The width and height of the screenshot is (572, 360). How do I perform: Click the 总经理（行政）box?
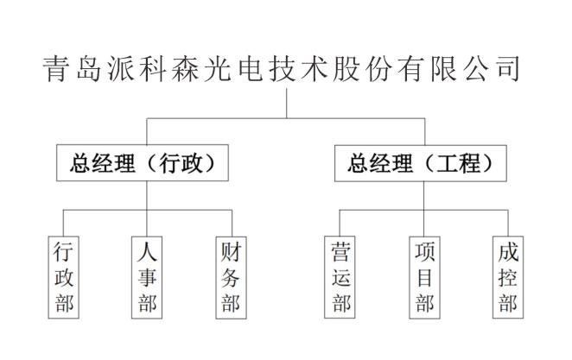click(143, 163)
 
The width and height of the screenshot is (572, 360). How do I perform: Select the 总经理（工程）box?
click(421, 163)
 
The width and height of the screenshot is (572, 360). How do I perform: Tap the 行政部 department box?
click(63, 277)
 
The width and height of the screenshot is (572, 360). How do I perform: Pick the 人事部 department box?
click(147, 277)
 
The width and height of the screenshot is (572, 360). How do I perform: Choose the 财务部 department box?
click(231, 277)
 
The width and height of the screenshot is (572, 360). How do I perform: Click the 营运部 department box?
click(340, 277)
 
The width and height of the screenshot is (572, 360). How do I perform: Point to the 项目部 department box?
click(424, 277)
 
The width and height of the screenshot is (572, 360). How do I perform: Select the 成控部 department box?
click(508, 277)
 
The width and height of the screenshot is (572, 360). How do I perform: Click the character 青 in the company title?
click(55, 68)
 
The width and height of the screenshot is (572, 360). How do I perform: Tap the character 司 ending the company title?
click(509, 68)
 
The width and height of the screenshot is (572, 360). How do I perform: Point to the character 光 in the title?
click(218, 68)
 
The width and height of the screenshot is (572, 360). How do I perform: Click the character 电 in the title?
click(251, 68)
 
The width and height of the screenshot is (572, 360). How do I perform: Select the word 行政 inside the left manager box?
click(181, 163)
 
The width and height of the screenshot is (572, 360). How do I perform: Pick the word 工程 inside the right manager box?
click(459, 163)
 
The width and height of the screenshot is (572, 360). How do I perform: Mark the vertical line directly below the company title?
click(286, 103)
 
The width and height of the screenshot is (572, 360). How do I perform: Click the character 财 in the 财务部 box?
click(231, 252)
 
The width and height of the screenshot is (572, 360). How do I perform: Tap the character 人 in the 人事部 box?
click(147, 252)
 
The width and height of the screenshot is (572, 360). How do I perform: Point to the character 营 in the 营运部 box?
click(340, 252)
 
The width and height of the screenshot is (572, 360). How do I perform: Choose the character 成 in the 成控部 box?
click(508, 252)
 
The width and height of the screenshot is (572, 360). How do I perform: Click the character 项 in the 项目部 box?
click(424, 252)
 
